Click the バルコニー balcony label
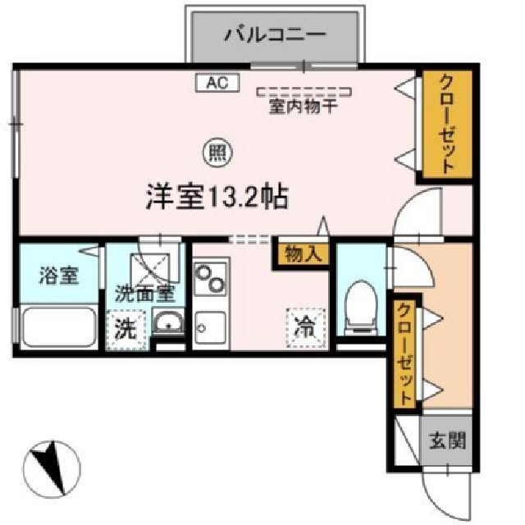(x=276, y=35)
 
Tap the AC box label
(x=217, y=82)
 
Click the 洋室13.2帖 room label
(x=217, y=197)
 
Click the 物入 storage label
(x=301, y=254)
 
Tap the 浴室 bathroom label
(x=58, y=275)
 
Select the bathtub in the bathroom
(x=59, y=326)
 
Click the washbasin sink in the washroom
(x=168, y=322)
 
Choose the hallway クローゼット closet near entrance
(x=405, y=353)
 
